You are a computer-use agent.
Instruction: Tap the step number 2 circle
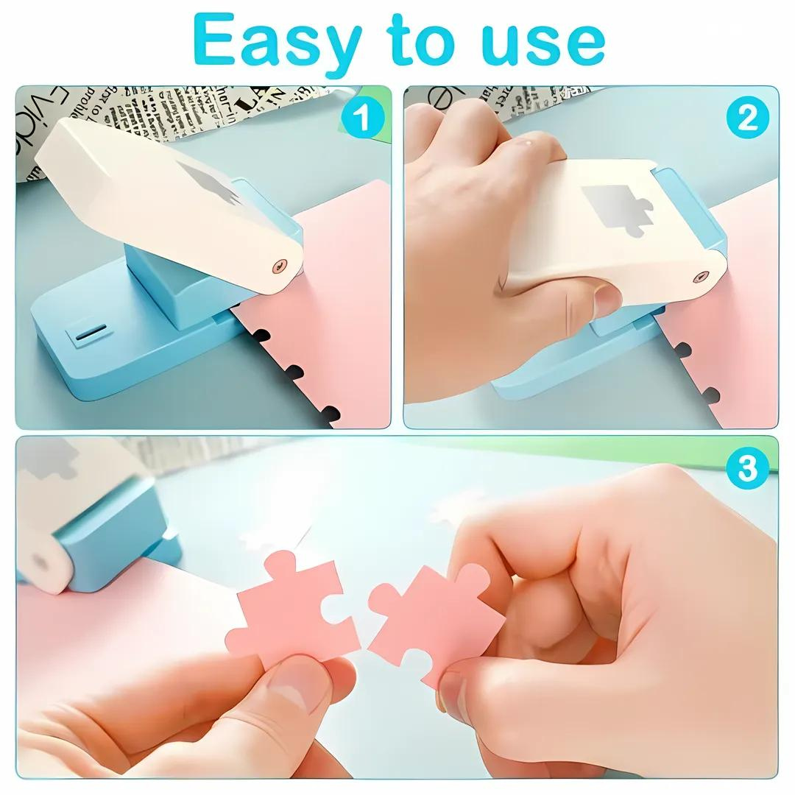coord(747,118)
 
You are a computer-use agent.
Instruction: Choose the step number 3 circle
coord(747,468)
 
